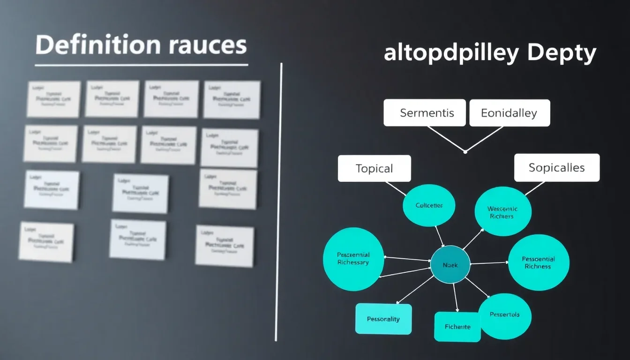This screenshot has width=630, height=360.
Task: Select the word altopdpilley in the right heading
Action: pyautogui.click(x=451, y=54)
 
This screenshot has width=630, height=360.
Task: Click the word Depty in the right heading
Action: pyautogui.click(x=562, y=54)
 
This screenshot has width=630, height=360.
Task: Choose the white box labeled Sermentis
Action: pyautogui.click(x=424, y=113)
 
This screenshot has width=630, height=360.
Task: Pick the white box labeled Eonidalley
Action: pyautogui.click(x=509, y=113)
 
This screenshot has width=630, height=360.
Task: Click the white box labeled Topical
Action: pyautogui.click(x=374, y=168)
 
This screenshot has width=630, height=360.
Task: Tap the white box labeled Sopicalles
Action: pyautogui.click(x=556, y=167)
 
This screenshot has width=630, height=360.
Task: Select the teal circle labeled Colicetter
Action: pyautogui.click(x=429, y=205)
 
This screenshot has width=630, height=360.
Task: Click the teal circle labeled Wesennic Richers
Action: pyautogui.click(x=503, y=212)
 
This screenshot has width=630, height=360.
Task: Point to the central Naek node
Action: pyautogui.click(x=450, y=265)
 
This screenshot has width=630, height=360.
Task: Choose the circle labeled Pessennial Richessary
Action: pyautogui.click(x=353, y=259)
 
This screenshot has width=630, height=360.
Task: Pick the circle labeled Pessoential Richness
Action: pyautogui.click(x=539, y=262)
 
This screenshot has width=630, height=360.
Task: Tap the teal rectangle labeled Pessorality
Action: pyautogui.click(x=383, y=319)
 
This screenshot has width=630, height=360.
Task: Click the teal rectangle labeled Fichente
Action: pyautogui.click(x=457, y=327)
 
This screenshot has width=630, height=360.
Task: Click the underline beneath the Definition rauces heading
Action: pyautogui.click(x=141, y=65)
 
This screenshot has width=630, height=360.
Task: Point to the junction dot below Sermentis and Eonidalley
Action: pyautogui.click(x=465, y=151)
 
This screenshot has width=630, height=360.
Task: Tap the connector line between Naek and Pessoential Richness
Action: pyautogui.click(x=489, y=263)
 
